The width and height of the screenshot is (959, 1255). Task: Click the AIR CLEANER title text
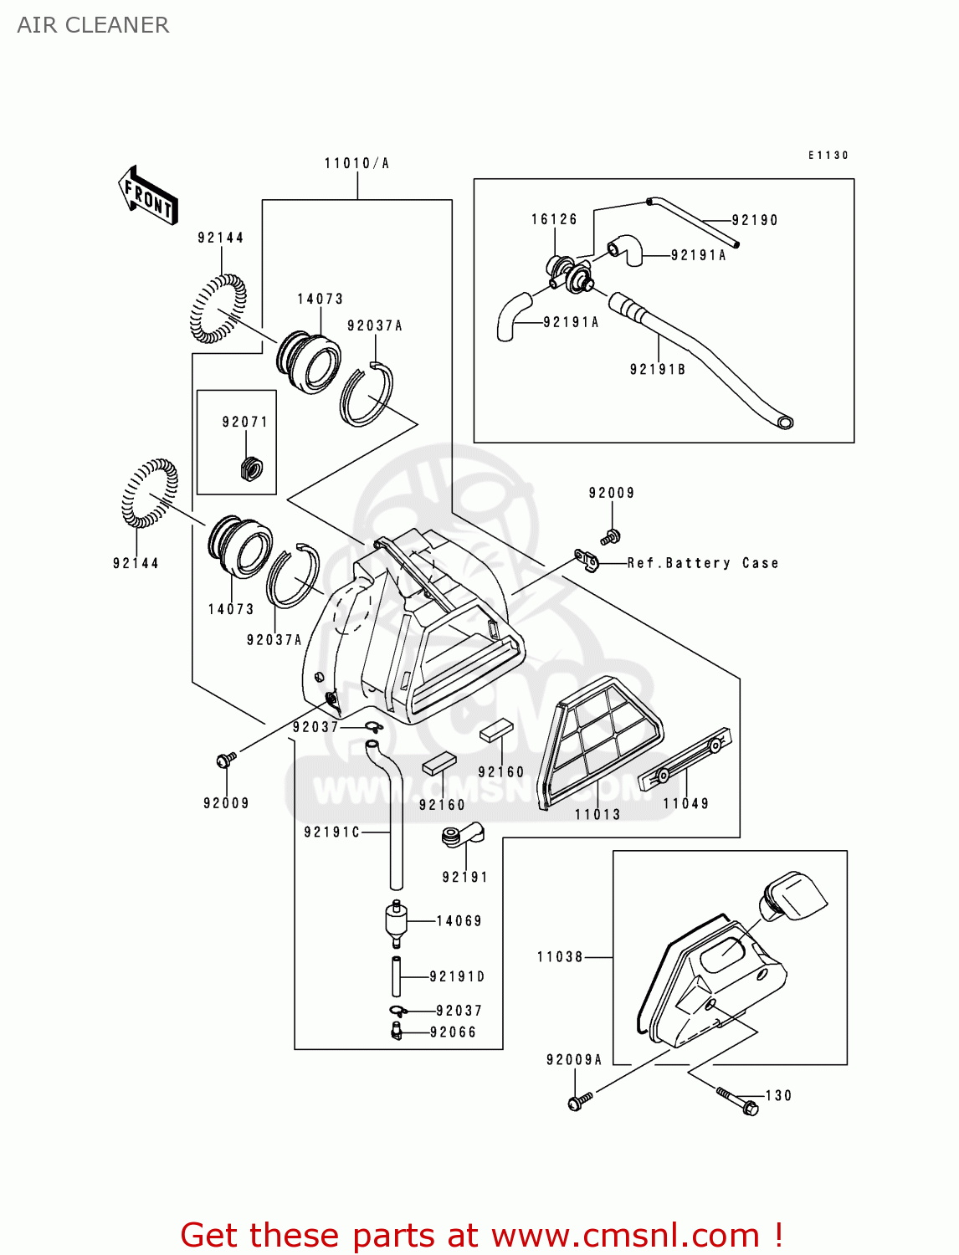tap(93, 25)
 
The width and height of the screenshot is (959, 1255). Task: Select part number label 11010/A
tap(356, 163)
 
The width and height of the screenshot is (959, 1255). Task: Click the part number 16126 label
tap(554, 219)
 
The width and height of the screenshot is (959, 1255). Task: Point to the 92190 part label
tap(755, 220)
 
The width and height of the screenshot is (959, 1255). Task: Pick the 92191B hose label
tap(658, 369)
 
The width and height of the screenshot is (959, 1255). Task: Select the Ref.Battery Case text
tap(703, 563)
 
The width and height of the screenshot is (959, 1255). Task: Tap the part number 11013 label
tap(597, 814)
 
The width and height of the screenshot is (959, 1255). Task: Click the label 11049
tap(686, 803)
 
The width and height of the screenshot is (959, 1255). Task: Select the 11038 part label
tap(560, 956)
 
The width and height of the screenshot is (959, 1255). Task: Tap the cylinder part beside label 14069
tap(396, 921)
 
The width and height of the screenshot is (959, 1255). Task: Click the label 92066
tap(453, 1032)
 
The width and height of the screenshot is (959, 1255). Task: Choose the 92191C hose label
tap(331, 832)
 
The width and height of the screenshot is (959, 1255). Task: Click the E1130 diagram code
tap(828, 155)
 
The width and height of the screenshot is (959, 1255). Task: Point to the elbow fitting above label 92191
tap(462, 835)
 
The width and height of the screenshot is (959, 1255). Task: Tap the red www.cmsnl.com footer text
tap(481, 1235)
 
